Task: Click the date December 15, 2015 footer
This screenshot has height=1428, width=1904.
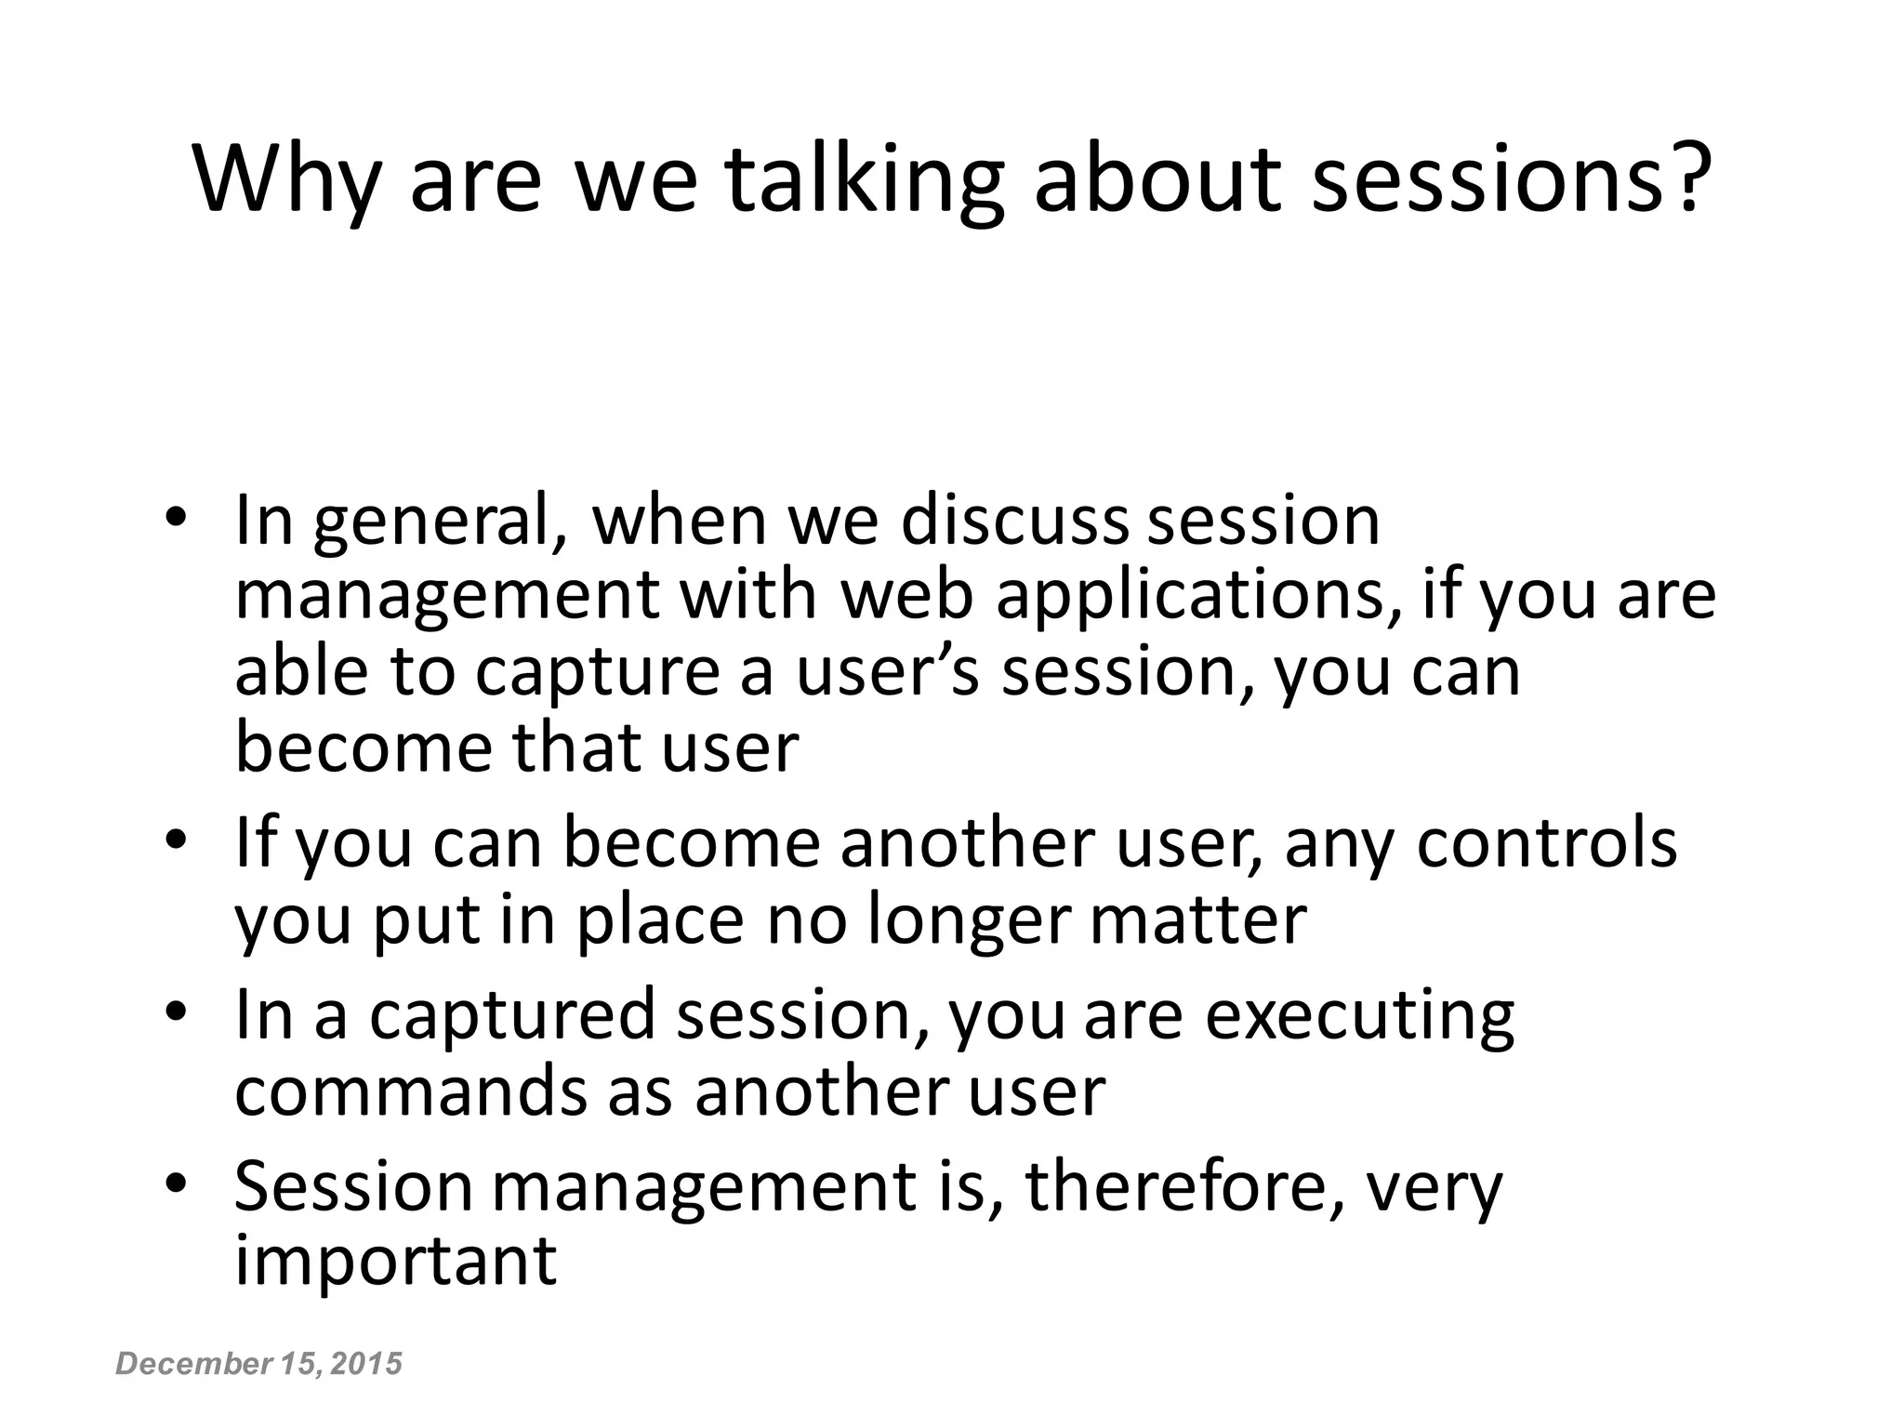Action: pos(258,1364)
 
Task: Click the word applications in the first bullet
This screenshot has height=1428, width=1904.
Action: pos(1199,597)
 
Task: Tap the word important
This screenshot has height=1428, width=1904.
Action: pos(395,1262)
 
